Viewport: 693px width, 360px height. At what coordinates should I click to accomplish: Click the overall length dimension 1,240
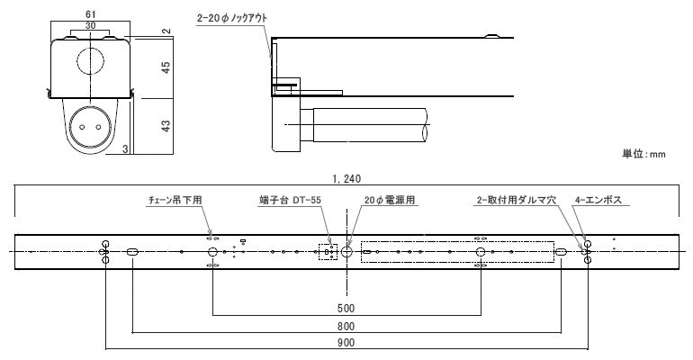346,179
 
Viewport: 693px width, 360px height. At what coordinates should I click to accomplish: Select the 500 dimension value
346,308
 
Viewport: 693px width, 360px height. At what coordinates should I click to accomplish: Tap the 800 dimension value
346,327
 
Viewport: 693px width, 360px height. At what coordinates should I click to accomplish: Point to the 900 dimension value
346,342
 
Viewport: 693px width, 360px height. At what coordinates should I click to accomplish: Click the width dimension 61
90,15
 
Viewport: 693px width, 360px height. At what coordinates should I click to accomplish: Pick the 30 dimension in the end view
90,26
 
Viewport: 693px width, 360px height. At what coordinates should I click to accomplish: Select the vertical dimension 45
166,67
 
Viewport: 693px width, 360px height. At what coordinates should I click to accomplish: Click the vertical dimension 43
166,125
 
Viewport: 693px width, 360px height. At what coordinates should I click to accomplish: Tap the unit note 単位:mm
643,154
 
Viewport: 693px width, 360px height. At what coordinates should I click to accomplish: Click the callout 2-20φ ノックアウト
232,19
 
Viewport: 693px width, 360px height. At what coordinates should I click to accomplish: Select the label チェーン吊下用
175,200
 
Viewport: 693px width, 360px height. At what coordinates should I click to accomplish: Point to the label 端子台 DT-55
290,200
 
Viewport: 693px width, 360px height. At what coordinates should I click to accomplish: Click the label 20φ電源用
390,200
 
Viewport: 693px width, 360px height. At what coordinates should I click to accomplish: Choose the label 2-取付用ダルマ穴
516,200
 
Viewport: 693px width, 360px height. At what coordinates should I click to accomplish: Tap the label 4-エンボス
598,200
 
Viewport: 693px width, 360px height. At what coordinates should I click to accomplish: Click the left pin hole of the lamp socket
82,127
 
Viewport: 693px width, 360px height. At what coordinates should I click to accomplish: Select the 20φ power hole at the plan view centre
346,252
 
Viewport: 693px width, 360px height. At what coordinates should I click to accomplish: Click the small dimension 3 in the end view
125,149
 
